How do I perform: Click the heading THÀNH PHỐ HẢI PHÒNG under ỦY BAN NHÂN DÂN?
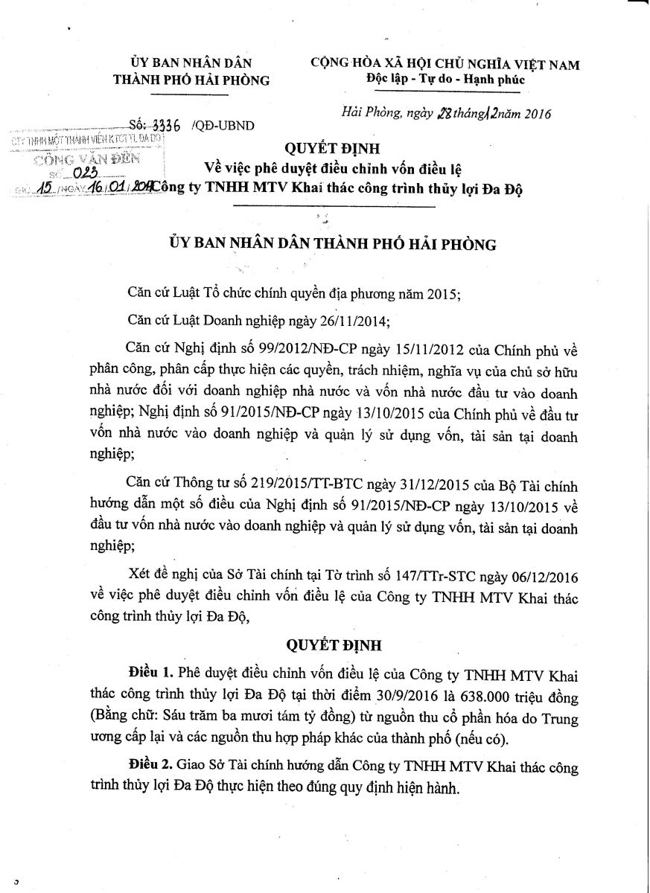pyautogui.click(x=191, y=80)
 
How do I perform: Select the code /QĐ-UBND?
pyautogui.click(x=223, y=125)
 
